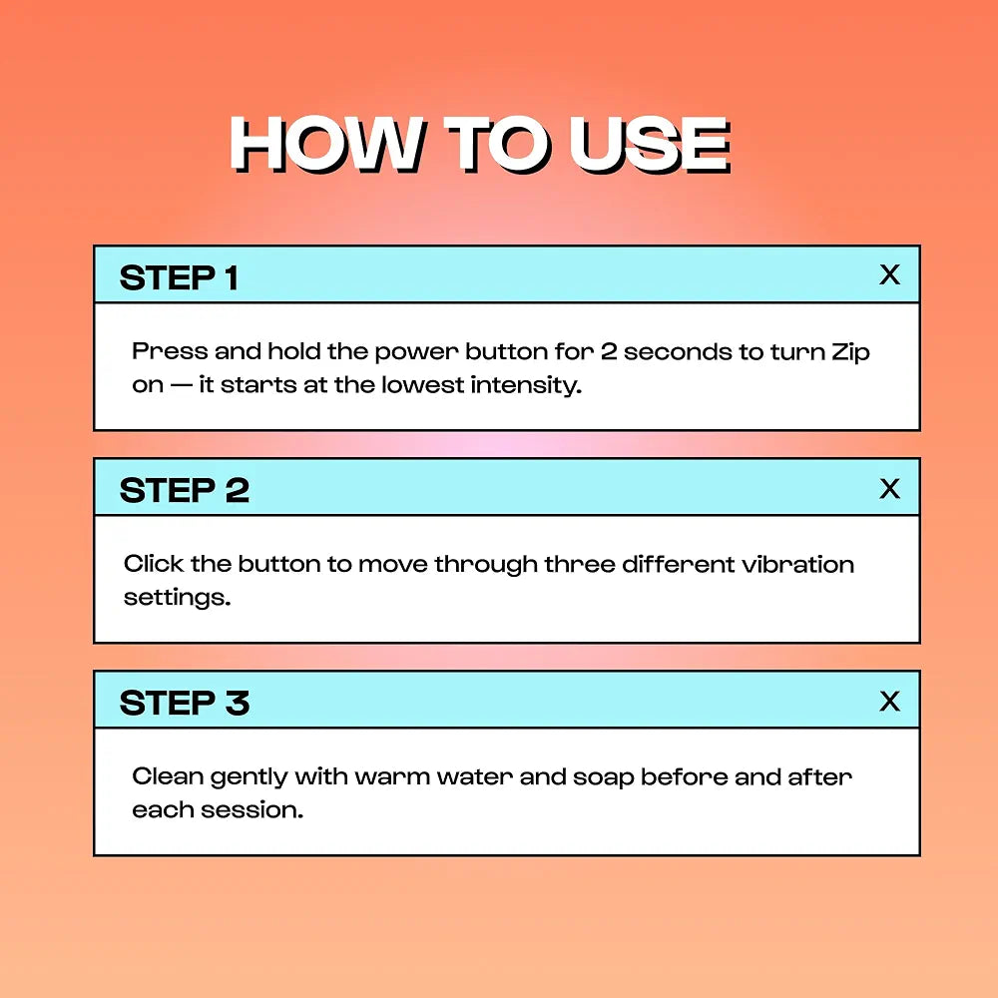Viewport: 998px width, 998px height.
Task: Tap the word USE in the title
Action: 650,144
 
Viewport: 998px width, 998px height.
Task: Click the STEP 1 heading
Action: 179,278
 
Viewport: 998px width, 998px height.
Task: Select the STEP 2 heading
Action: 184,491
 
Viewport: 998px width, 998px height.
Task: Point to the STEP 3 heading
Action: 184,704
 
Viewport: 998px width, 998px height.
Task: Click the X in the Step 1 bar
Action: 889,275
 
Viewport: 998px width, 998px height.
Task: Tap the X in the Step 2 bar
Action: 889,489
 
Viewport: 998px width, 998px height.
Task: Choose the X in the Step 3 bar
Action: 889,702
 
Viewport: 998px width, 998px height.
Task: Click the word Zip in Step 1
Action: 850,352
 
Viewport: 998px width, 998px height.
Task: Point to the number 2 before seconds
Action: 609,351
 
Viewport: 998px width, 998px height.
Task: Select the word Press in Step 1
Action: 170,351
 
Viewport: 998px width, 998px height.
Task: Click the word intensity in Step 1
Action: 526,385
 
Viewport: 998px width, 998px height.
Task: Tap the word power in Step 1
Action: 416,353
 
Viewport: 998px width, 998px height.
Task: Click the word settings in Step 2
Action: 177,598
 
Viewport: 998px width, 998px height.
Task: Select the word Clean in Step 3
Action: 168,776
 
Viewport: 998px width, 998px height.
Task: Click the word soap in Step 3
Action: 604,778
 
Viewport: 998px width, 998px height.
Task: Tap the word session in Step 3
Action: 251,810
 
